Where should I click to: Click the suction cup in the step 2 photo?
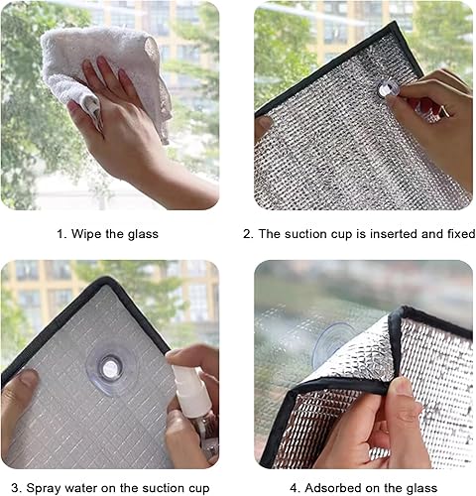pyautogui.click(x=388, y=89)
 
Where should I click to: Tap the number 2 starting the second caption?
pyautogui.click(x=247, y=234)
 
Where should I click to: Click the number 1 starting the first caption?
pyautogui.click(x=59, y=234)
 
